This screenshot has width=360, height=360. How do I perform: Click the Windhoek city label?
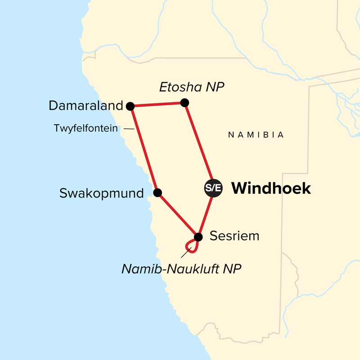[x=271, y=188]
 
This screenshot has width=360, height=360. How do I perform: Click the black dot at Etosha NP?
[x=184, y=103]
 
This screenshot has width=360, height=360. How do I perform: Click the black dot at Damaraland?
[x=130, y=106]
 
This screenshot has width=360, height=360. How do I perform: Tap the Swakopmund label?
[x=102, y=193]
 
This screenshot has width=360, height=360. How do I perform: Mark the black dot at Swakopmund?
[x=157, y=193]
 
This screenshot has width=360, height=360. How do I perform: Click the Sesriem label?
[x=234, y=236]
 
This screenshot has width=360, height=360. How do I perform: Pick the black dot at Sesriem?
[x=198, y=236]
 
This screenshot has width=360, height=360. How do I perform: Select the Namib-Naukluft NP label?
[x=182, y=269]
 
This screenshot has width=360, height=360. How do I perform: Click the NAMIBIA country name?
[x=256, y=135]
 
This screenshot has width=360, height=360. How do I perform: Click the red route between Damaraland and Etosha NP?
[x=157, y=105]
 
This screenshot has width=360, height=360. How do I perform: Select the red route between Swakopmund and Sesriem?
[x=177, y=215]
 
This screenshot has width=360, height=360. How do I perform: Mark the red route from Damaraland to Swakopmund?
[x=144, y=149]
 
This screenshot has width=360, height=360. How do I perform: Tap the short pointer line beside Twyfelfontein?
[x=129, y=129]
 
